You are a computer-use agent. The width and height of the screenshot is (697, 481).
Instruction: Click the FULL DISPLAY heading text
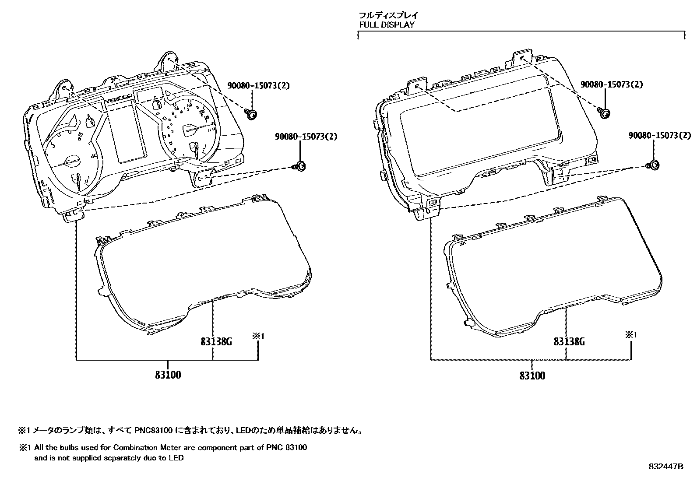(387, 25)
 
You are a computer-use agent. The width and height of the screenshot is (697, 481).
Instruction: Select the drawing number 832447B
(665, 467)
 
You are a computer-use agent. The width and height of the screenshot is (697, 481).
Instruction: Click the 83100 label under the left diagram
(168, 375)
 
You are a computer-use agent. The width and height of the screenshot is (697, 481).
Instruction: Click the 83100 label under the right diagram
(532, 376)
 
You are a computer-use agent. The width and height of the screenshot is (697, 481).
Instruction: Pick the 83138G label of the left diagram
(216, 341)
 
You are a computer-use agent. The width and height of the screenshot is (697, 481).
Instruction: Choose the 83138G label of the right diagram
(569, 341)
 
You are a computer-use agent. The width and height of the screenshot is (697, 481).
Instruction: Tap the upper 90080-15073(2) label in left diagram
(258, 86)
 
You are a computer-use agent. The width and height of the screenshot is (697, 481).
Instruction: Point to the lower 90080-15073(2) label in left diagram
(306, 137)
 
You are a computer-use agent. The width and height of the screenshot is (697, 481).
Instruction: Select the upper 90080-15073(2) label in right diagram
(612, 84)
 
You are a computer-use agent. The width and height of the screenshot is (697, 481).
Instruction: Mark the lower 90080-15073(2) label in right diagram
(659, 136)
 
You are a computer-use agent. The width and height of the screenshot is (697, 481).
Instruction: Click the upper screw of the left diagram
(251, 115)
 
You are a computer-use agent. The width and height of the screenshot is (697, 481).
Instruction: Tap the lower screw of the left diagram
(299, 166)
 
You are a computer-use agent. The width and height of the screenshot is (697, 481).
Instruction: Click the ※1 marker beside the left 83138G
(258, 336)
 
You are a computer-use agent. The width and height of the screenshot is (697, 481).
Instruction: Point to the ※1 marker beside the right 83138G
(630, 335)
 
